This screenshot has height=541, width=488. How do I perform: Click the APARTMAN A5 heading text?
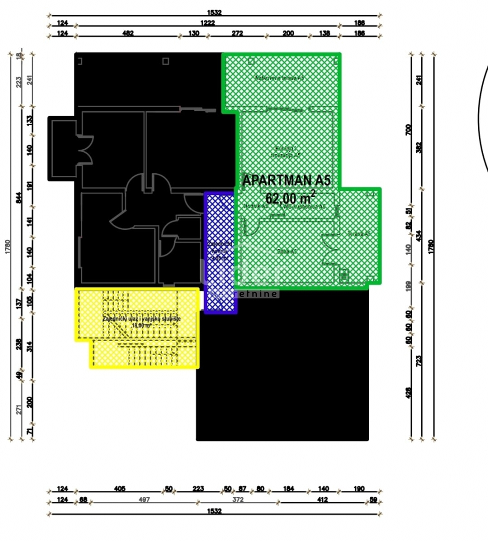pyautogui.click(x=286, y=180)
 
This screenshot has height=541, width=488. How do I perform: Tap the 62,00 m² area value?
pyautogui.click(x=290, y=196)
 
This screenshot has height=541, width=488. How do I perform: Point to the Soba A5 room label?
pyautogui.click(x=287, y=251)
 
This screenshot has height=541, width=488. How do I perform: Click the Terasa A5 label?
pyautogui.click(x=359, y=233)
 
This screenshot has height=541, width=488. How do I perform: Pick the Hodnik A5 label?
pyautogui.click(x=256, y=206)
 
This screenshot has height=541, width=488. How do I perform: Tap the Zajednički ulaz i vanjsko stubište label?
pyautogui.click(x=141, y=319)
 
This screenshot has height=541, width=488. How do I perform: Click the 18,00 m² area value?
pyautogui.click(x=141, y=325)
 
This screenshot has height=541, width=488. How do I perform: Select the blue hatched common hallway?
pyautogui.click(x=220, y=253)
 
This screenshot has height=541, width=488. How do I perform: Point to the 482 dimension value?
pyautogui.click(x=128, y=34)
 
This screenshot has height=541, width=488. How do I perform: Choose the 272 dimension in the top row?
pyautogui.click(x=237, y=34)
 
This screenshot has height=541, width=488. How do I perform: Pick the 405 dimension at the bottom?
pyautogui.click(x=119, y=489)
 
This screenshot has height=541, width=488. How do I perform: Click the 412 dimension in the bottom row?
pyautogui.click(x=321, y=499)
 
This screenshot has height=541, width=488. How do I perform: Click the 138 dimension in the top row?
pyautogui.click(x=324, y=34)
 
